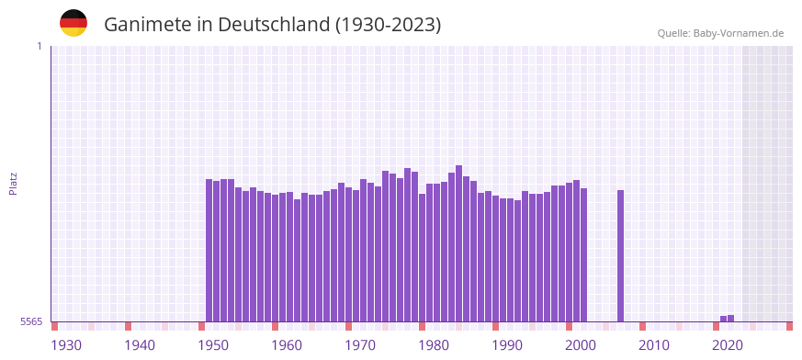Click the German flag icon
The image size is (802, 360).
click(73, 24)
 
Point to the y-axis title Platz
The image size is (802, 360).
click(13, 183)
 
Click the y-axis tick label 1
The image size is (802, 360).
click(39, 46)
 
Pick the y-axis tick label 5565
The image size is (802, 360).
click(30, 321)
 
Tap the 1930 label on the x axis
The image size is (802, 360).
click(66, 345)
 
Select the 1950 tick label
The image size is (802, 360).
click(213, 345)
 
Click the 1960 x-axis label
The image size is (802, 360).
click(287, 345)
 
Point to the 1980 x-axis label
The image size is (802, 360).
click(434, 345)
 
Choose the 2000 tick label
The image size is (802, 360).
click(581, 345)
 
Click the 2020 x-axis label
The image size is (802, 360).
click(728, 345)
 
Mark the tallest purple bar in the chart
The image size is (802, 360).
click(459, 243)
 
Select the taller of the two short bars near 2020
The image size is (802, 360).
click(731, 318)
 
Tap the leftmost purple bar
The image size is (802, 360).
click(209, 250)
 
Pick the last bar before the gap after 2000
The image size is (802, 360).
click(584, 254)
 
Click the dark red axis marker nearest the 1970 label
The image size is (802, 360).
click(349, 326)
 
